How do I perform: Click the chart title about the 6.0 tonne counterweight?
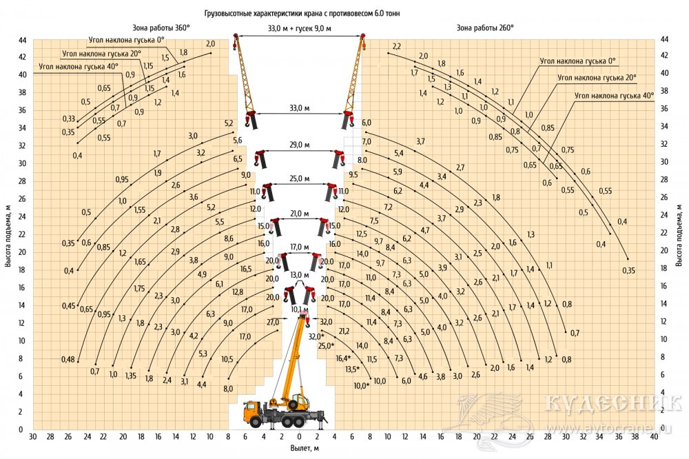(x=302, y=14)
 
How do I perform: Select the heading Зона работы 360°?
(x=161, y=28)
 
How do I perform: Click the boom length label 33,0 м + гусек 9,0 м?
(x=300, y=28)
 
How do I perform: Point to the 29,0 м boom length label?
(x=299, y=145)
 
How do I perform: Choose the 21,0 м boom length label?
(x=299, y=214)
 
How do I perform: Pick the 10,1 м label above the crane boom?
(x=299, y=309)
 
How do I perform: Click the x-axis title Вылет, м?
(x=305, y=448)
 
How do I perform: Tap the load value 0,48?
(x=68, y=360)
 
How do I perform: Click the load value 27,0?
(x=273, y=323)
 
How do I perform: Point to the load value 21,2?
(x=344, y=331)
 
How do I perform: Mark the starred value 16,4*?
(x=344, y=358)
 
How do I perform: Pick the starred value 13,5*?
(x=352, y=369)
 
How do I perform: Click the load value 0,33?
(x=68, y=119)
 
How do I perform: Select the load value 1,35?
(x=131, y=376)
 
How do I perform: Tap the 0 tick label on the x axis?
(x=299, y=436)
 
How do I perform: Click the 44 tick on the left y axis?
(x=23, y=41)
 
